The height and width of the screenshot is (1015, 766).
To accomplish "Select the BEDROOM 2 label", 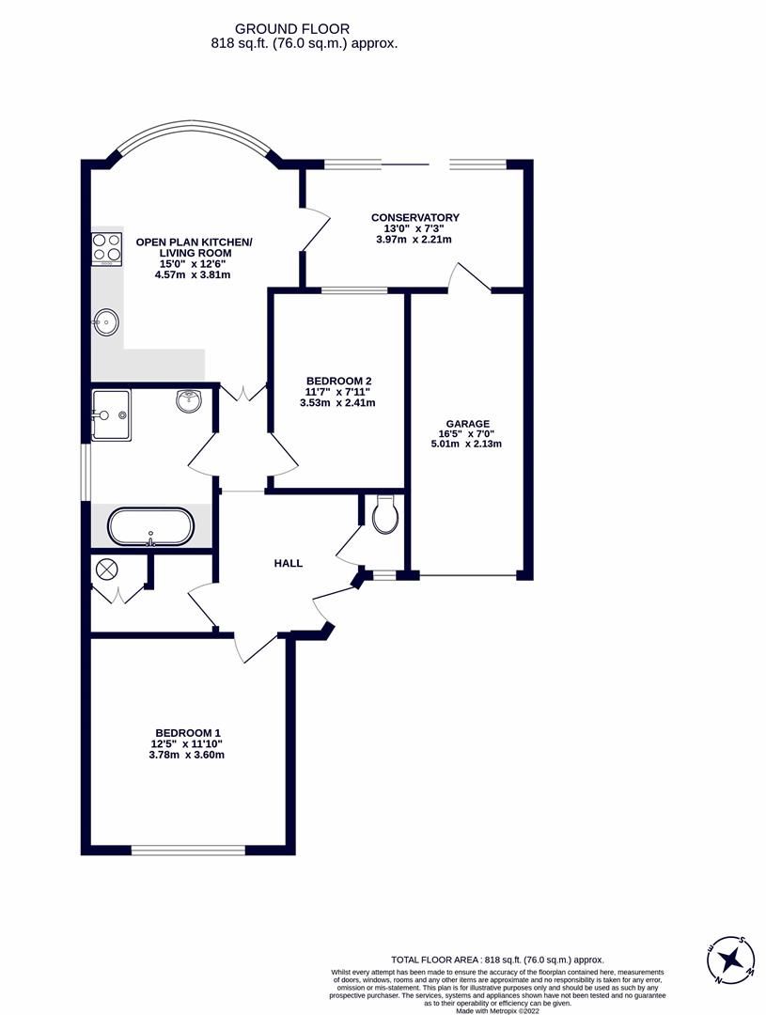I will (x=337, y=381).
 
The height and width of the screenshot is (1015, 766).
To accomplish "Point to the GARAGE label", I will (x=467, y=424).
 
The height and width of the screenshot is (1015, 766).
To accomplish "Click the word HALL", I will (x=289, y=563).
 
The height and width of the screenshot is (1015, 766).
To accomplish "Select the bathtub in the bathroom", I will (x=150, y=526).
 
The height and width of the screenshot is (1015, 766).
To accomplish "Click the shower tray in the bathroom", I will (x=111, y=415).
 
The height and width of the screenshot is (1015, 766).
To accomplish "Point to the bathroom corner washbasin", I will (x=190, y=401).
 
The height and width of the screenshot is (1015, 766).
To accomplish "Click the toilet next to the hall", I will (x=385, y=516).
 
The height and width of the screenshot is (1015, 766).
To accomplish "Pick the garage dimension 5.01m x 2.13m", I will (x=467, y=445).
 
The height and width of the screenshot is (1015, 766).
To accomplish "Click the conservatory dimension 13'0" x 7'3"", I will (x=414, y=228).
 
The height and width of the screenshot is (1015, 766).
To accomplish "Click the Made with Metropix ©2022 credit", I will (x=497, y=1010).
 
